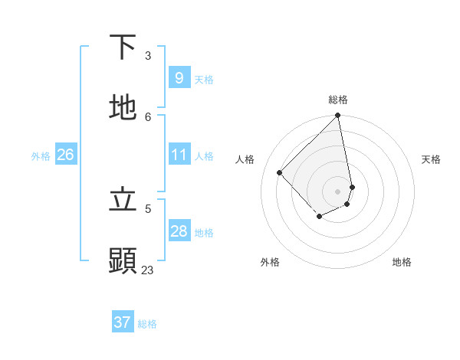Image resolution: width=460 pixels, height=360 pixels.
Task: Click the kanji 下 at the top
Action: [x=123, y=47]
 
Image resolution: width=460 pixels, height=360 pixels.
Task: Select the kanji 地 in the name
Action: [x=123, y=108]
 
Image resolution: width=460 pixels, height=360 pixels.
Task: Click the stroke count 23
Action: [x=147, y=270]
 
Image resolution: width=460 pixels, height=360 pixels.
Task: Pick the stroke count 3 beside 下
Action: [x=147, y=56]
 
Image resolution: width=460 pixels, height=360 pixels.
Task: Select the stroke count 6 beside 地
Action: [x=147, y=116]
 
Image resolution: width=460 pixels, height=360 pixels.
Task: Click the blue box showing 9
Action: [x=179, y=78]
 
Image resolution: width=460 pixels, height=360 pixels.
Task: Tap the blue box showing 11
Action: [x=179, y=155]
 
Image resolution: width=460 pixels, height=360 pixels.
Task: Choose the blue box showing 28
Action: [x=179, y=231]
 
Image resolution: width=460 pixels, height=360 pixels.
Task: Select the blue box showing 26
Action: [x=65, y=155]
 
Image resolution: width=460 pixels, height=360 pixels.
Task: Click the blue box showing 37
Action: [x=122, y=322]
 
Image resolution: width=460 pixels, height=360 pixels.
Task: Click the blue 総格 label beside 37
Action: [x=147, y=324]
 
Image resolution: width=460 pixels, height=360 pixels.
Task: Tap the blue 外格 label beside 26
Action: [x=41, y=156]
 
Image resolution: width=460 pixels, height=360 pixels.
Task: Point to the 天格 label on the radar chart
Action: [x=431, y=159]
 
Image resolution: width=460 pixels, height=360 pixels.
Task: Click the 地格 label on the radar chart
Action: [x=402, y=262]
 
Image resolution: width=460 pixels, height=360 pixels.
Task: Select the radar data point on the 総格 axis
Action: [x=338, y=116]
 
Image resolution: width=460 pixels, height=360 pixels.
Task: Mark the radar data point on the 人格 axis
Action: [x=280, y=172]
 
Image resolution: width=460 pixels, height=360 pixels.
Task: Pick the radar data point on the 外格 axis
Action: [x=319, y=218]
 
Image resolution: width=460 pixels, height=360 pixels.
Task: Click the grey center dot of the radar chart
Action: [x=338, y=191]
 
